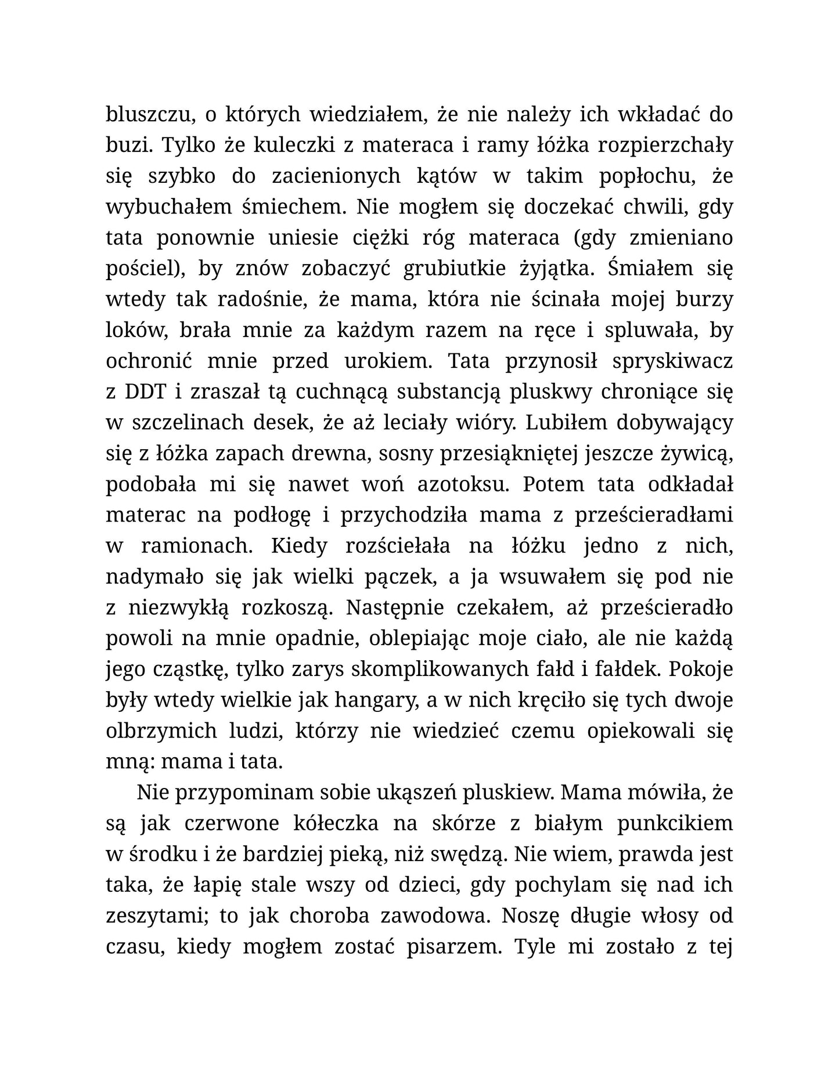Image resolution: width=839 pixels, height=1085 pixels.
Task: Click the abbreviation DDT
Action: tap(145, 392)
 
